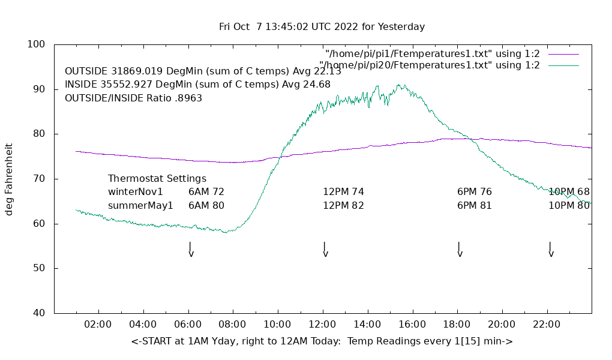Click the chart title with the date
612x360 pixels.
tap(322, 27)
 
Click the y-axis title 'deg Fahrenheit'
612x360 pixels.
tap(9, 179)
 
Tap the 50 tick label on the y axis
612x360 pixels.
tap(40, 268)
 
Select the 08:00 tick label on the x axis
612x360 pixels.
tap(232, 325)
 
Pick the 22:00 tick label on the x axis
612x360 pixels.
tap(547, 325)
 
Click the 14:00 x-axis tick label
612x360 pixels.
tap(367, 325)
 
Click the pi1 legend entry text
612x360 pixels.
tap(432, 54)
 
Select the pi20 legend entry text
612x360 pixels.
tap(430, 65)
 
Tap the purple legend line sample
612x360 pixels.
tap(563, 54)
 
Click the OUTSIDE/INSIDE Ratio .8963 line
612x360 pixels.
tap(133, 98)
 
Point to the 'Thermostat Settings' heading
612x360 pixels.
tap(157, 179)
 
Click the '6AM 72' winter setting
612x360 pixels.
tap(206, 192)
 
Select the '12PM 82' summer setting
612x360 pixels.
tap(343, 205)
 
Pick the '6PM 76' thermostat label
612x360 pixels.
tap(475, 192)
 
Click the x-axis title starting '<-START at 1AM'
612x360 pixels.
tap(322, 341)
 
